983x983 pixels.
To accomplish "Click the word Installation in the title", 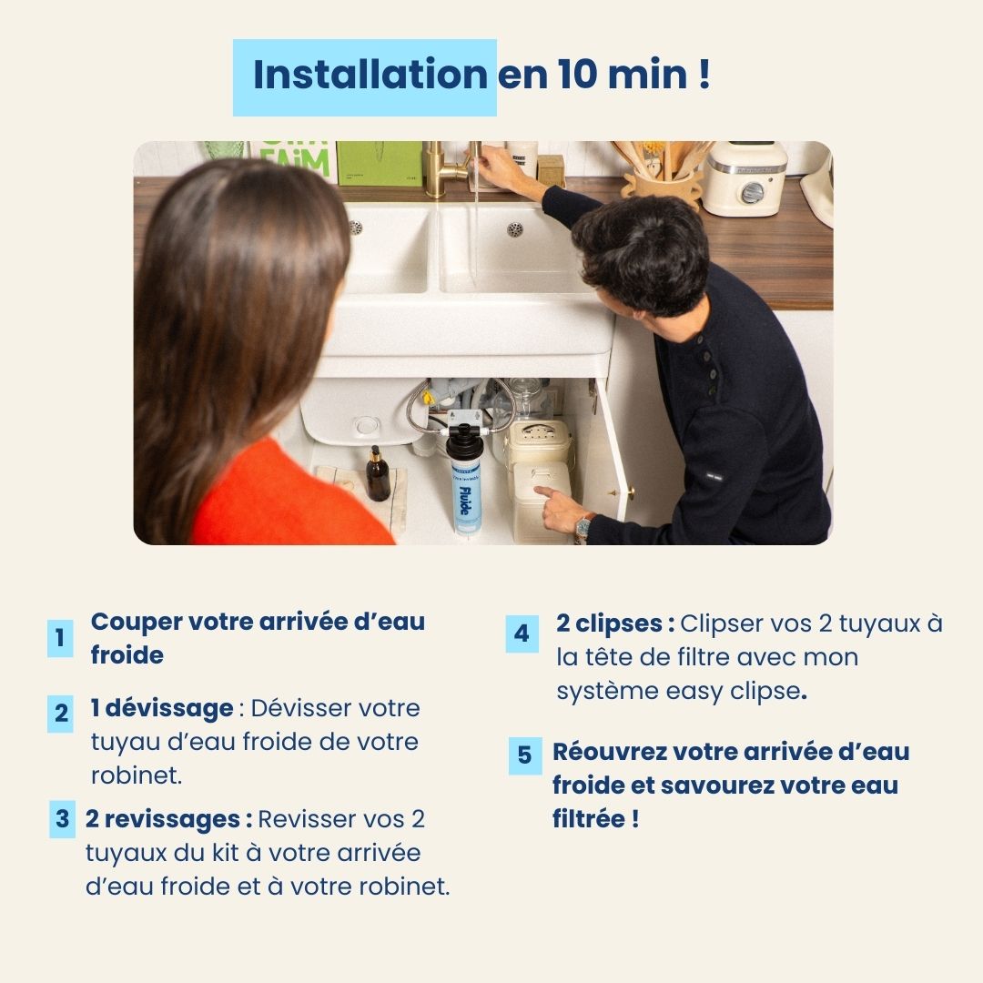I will click(x=370, y=76).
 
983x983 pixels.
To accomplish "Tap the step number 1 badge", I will click(x=60, y=638).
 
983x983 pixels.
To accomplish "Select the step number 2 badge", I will click(x=61, y=714).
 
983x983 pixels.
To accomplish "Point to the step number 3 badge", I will click(x=62, y=819).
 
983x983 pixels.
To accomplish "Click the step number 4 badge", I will click(x=522, y=633).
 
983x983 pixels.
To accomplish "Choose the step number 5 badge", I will click(x=524, y=755).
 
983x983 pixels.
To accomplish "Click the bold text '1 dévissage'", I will click(x=162, y=708).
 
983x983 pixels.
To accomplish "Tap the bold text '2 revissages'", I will click(x=168, y=819).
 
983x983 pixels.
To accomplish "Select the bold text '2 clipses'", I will click(x=614, y=623).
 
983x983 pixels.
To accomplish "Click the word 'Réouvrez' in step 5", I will click(x=609, y=752).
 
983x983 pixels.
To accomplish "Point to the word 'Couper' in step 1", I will click(x=136, y=623).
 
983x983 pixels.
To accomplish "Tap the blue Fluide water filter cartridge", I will click(x=464, y=491).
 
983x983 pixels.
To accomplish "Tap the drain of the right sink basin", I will click(x=515, y=229).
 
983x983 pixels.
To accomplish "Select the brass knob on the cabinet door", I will click(x=628, y=492).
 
